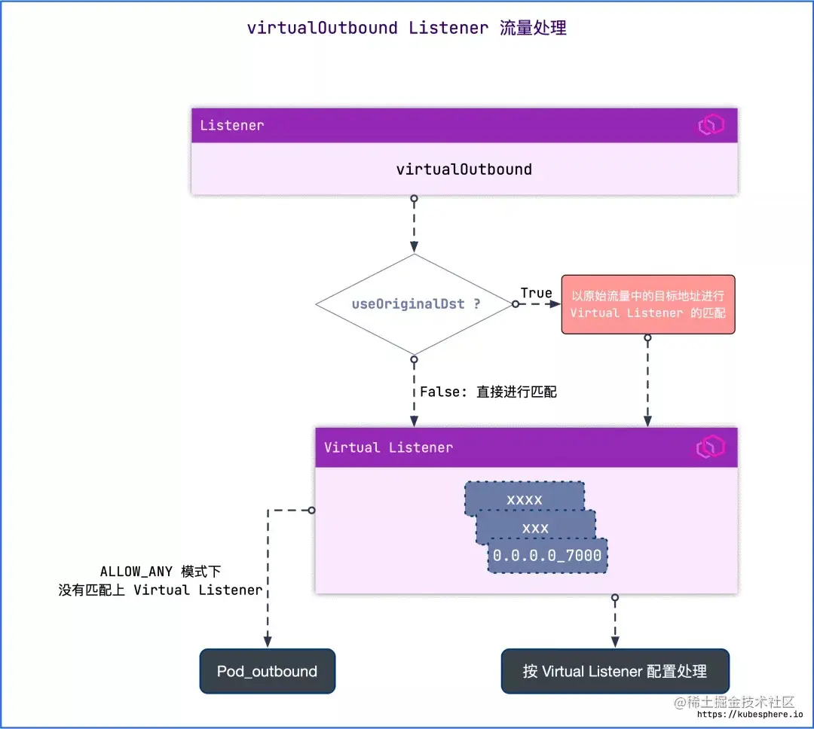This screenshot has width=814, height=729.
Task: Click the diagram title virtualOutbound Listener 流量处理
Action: click(x=407, y=29)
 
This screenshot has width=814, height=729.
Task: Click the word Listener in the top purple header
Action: click(x=232, y=125)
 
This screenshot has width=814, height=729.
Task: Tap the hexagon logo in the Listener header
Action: click(x=709, y=126)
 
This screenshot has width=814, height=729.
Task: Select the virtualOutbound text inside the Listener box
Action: click(x=464, y=169)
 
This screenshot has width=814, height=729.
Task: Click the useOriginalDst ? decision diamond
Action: click(x=414, y=304)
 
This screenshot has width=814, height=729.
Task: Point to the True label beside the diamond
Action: click(x=536, y=293)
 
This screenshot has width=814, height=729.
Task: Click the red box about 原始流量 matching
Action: click(x=647, y=304)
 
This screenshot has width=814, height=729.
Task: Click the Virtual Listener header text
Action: click(x=388, y=447)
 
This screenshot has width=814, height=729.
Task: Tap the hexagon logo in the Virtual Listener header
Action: click(x=709, y=447)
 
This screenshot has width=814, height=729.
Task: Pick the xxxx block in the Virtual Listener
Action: click(x=525, y=499)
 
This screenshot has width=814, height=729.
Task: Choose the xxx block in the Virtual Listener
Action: click(x=535, y=527)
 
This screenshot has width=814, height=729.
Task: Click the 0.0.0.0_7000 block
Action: click(x=547, y=556)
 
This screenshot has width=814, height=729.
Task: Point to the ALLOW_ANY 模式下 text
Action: click(x=160, y=572)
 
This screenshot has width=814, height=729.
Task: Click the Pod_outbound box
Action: click(x=267, y=671)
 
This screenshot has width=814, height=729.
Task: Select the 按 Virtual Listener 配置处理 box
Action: click(x=615, y=671)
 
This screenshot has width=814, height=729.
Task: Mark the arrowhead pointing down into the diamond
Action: click(x=414, y=247)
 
